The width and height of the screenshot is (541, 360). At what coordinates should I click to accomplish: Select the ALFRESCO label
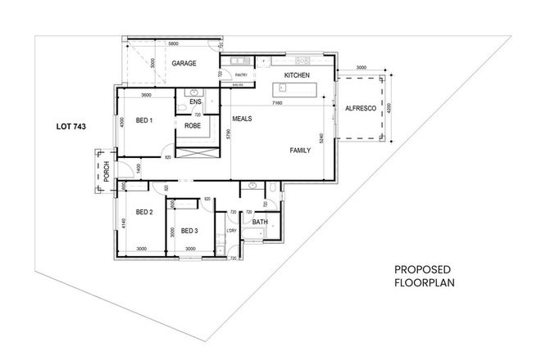pos(360,108)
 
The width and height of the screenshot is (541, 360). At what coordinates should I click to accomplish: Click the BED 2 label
pos(145,213)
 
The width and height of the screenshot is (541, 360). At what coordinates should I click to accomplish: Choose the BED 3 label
pos(190,230)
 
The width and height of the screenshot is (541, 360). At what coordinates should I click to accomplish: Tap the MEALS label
pos(242,119)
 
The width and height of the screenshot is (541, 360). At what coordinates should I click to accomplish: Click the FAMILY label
pos(300,151)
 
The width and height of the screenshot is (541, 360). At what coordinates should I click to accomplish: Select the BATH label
pos(260,222)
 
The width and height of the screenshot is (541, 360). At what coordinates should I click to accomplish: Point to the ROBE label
pos(193,126)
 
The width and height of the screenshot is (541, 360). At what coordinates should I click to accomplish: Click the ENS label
pos(195,101)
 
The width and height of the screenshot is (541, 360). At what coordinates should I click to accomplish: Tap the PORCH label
pos(107,171)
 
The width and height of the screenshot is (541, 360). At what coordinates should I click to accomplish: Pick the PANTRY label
pos(241,74)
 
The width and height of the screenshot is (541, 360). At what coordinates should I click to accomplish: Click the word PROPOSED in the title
pos(422,270)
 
